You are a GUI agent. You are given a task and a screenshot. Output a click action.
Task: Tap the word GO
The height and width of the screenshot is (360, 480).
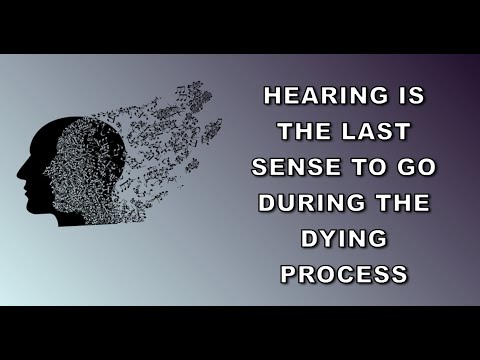(410, 167)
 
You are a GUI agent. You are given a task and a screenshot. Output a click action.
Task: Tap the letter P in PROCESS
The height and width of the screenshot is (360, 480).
(291, 271)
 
